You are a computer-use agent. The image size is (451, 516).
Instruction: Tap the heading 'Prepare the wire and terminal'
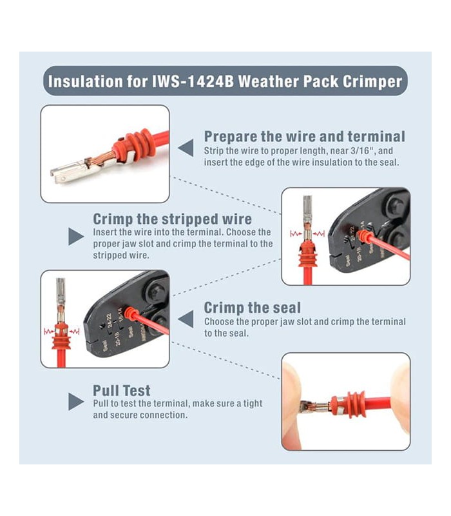[304, 136]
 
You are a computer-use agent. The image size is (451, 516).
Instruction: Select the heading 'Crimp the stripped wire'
[172, 219]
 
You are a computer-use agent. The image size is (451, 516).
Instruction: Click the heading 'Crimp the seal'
[252, 308]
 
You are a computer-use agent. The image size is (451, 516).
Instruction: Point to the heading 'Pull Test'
[121, 390]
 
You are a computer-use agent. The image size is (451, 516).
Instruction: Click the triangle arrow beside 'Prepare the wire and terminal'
[186, 148]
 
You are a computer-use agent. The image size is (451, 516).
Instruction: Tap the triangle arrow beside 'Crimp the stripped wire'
[76, 237]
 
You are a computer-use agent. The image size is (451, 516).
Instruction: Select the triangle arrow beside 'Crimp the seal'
[186, 319]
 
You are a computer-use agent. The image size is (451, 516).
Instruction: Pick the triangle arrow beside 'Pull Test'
[76, 402]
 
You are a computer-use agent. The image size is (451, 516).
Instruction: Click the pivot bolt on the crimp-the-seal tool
[155, 291]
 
